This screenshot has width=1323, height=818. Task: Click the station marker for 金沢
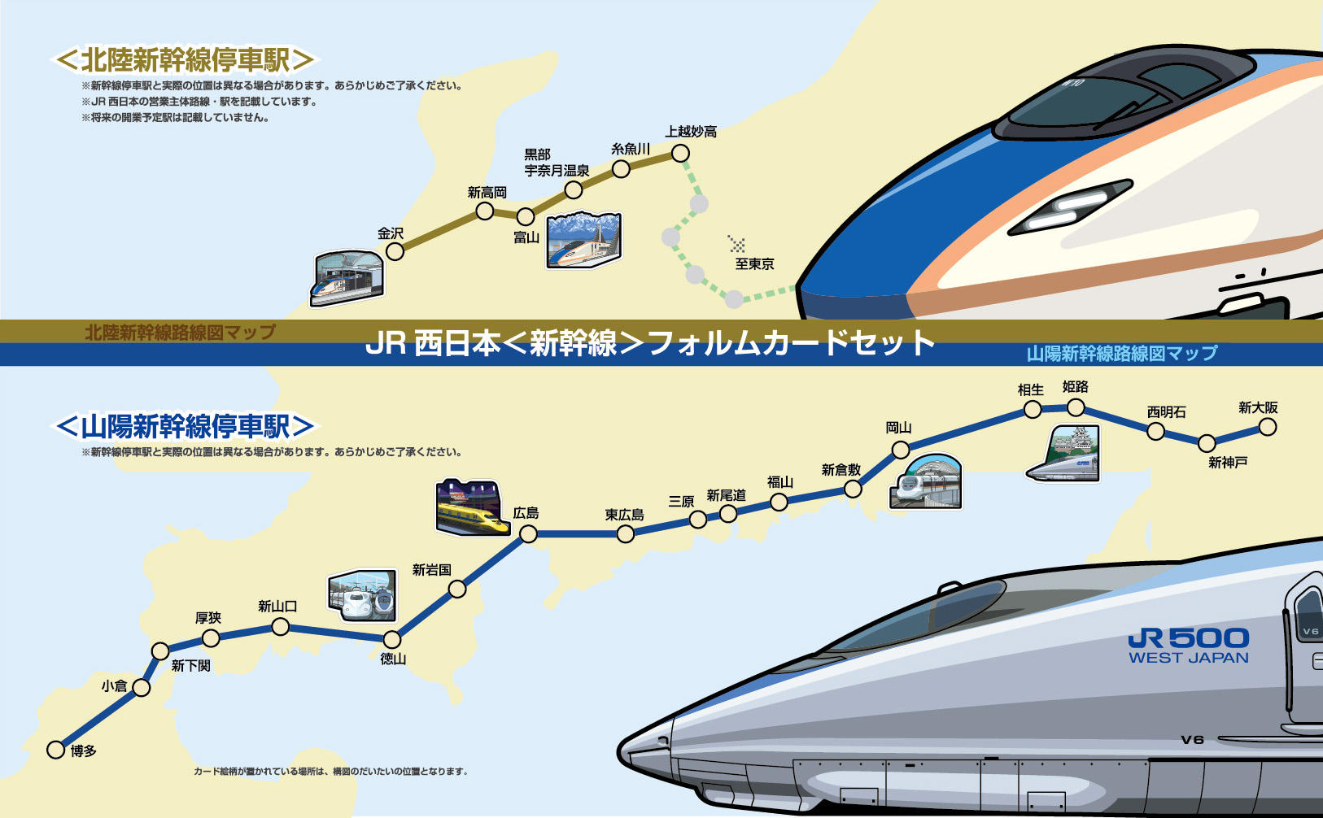(x=395, y=252)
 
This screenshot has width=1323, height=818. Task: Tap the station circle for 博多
(x=55, y=750)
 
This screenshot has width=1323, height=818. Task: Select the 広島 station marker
(x=529, y=534)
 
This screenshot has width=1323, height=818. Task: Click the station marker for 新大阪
(x=1268, y=427)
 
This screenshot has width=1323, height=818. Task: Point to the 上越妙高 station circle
(x=680, y=154)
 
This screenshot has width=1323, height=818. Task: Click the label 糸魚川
(x=631, y=149)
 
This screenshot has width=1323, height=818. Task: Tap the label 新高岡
(x=487, y=193)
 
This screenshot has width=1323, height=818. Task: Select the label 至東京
(x=754, y=263)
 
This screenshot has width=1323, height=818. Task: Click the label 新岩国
(x=432, y=569)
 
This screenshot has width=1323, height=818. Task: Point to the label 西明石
(x=1167, y=412)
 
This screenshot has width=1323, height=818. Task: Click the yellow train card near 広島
(x=472, y=507)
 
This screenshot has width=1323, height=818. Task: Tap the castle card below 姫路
(x=1063, y=453)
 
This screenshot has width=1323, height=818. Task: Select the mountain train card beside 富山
(x=583, y=240)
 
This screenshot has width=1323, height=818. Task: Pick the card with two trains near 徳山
(x=362, y=595)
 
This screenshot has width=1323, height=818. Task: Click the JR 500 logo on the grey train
(x=1188, y=646)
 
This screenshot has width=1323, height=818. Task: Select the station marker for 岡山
(x=900, y=450)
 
